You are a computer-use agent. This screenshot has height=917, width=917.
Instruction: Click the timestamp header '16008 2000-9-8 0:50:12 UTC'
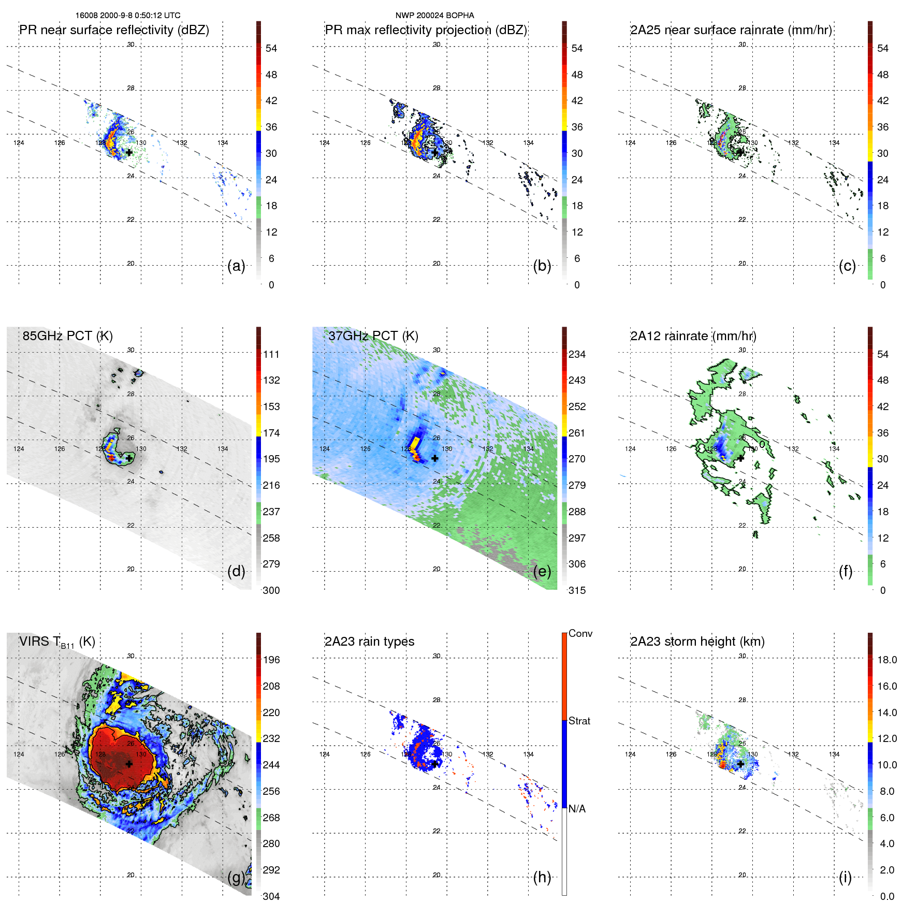128,16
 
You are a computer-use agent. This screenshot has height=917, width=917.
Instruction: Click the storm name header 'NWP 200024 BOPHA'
434,16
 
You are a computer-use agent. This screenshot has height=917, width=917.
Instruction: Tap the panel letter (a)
236,266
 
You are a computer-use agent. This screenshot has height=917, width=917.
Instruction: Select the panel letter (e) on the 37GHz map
542,572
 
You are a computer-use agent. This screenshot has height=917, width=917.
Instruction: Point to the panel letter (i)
845,877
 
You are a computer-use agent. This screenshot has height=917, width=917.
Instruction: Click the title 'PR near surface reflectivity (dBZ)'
114,30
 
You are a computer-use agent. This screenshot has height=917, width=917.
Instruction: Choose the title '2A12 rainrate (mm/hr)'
693,336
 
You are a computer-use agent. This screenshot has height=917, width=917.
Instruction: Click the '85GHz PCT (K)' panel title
67,336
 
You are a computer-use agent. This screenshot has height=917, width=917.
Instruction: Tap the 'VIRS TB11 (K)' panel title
57,642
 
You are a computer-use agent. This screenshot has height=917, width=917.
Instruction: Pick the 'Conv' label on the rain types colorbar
580,634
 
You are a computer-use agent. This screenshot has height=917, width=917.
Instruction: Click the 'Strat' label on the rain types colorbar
579,721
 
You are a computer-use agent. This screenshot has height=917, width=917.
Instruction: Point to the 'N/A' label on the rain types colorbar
577,809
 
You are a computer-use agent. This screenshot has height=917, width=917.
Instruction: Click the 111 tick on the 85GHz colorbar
271,355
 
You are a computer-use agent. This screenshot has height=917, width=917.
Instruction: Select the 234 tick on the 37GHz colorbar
577,355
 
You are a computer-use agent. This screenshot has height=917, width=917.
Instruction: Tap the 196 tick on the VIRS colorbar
271,660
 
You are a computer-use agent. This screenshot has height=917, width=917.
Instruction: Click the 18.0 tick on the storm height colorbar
887,660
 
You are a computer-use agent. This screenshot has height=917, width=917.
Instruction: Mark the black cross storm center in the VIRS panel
129,764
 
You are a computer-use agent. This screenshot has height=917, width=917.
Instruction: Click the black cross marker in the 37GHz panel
435,458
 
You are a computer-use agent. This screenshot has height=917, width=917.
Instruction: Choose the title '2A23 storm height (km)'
697,642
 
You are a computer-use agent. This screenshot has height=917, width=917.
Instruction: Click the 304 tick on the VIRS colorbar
271,896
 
